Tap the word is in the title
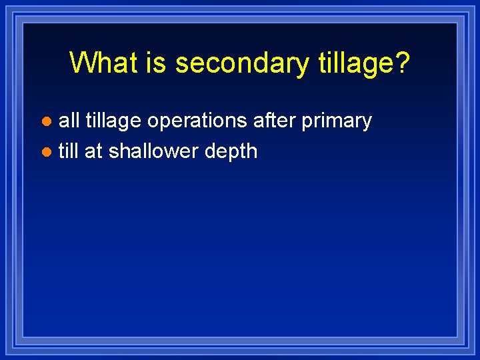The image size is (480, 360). click(157, 63)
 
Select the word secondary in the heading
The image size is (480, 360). click(241, 63)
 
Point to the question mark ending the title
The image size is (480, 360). click(403, 63)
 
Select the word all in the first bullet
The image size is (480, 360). click(69, 121)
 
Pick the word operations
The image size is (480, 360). click(197, 121)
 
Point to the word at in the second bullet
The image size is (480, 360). click(93, 152)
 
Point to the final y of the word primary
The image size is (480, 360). click(366, 123)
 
